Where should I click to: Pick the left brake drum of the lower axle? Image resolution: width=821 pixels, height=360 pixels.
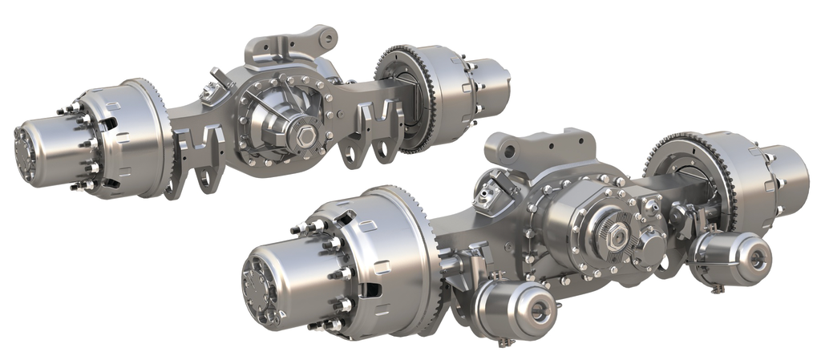(385, 249)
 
